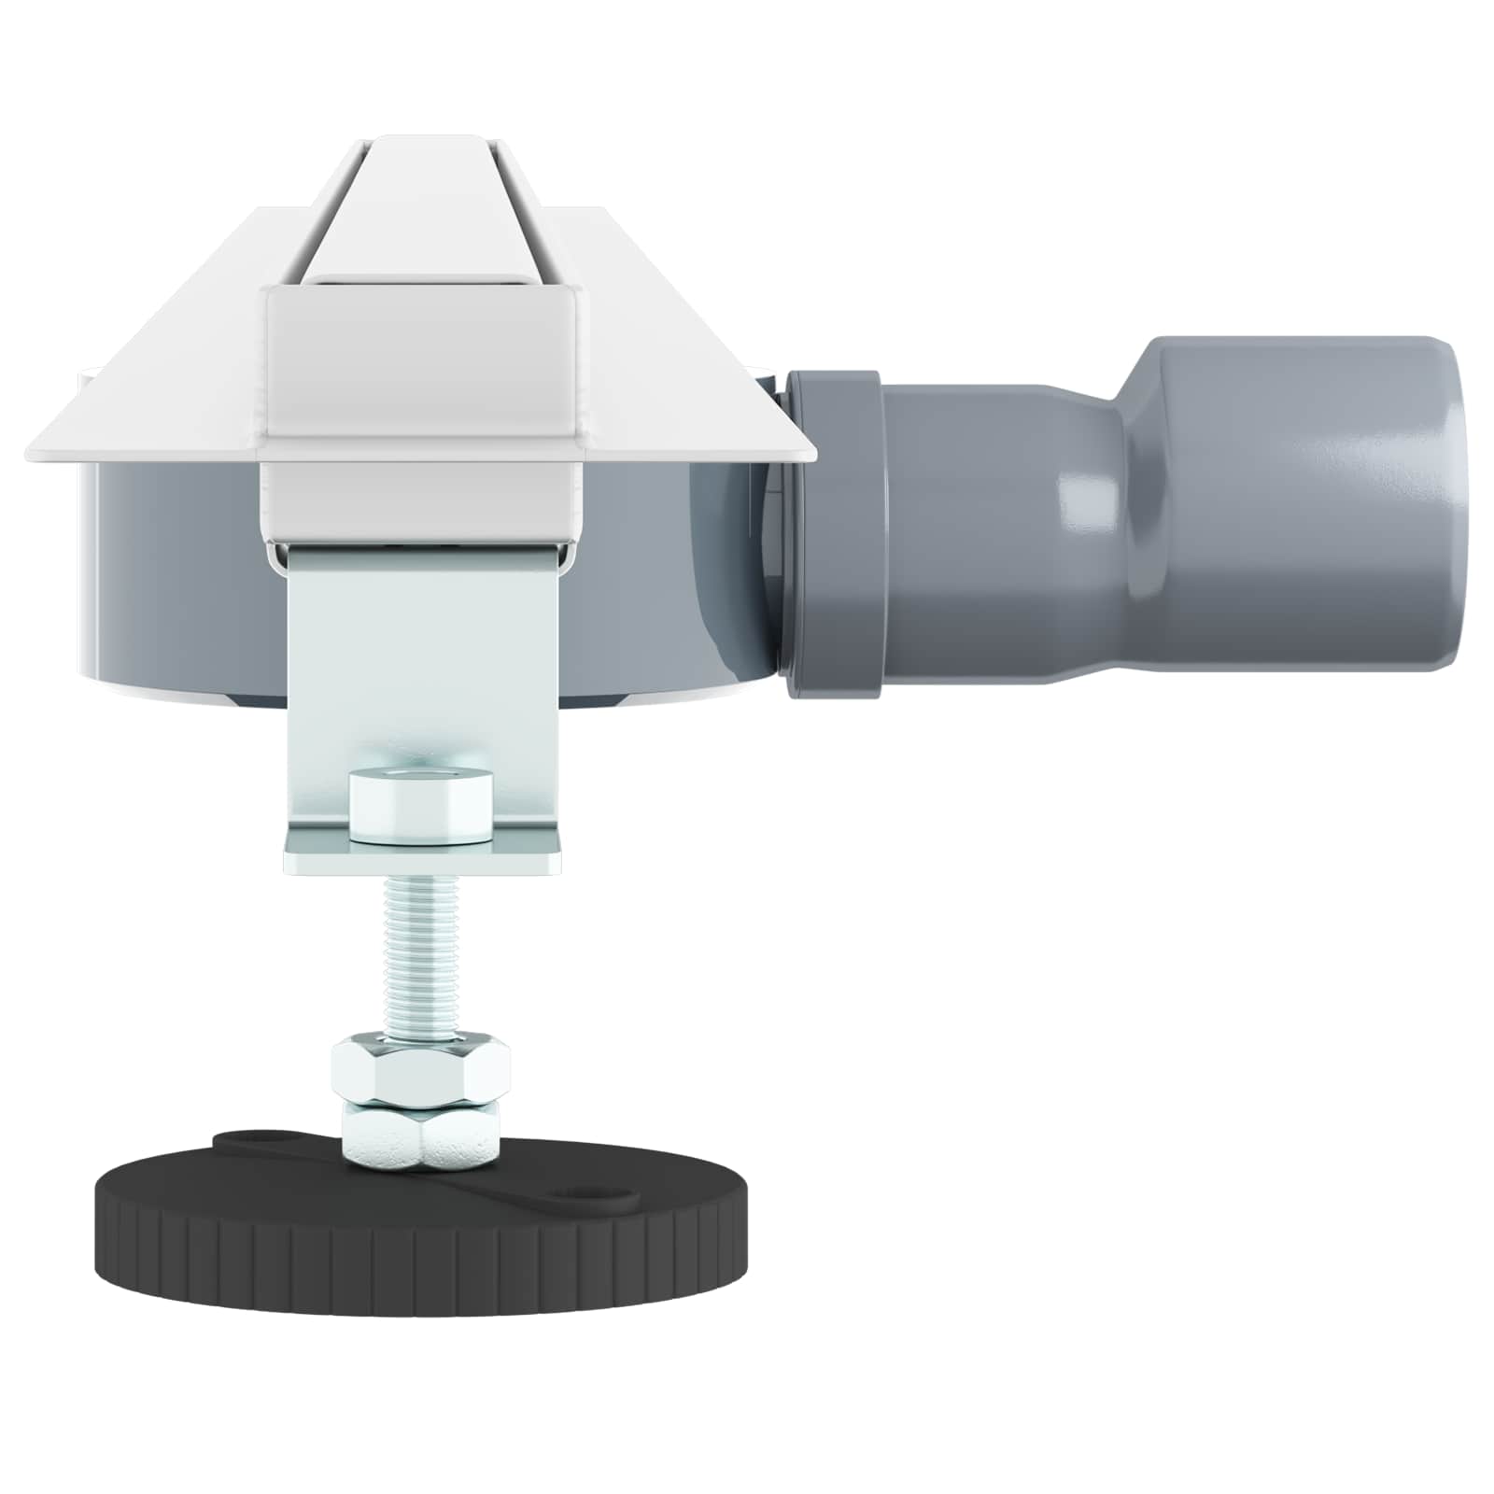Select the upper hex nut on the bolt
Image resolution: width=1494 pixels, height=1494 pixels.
click(420, 1069)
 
